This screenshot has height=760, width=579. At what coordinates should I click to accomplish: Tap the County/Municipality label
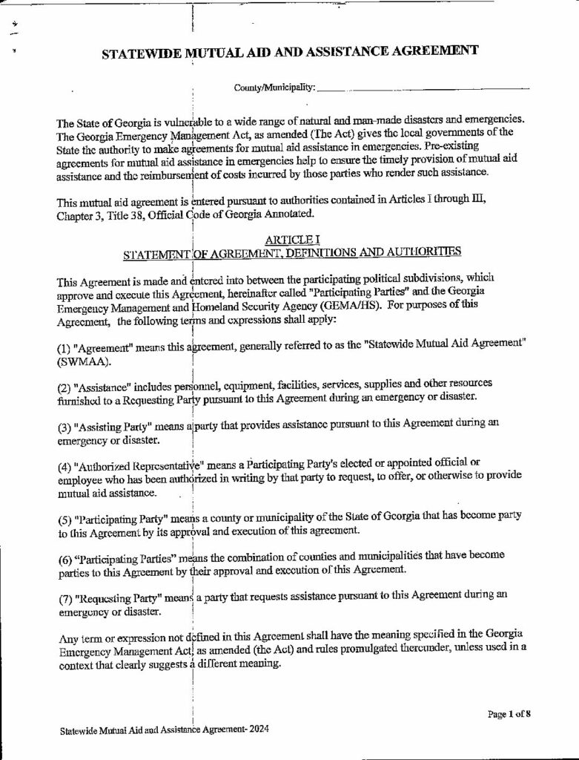274,88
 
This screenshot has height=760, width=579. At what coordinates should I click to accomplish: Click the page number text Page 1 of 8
509,714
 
